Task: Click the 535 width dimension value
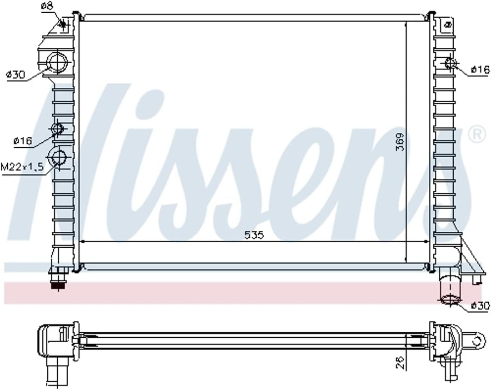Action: tap(254, 235)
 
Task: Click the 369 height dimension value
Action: tap(399, 142)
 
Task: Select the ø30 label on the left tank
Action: tap(15, 75)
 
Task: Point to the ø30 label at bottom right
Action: tap(480, 305)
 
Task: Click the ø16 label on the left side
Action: tap(23, 141)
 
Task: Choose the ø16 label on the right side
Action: tap(480, 70)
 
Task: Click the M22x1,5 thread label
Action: tap(22, 166)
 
